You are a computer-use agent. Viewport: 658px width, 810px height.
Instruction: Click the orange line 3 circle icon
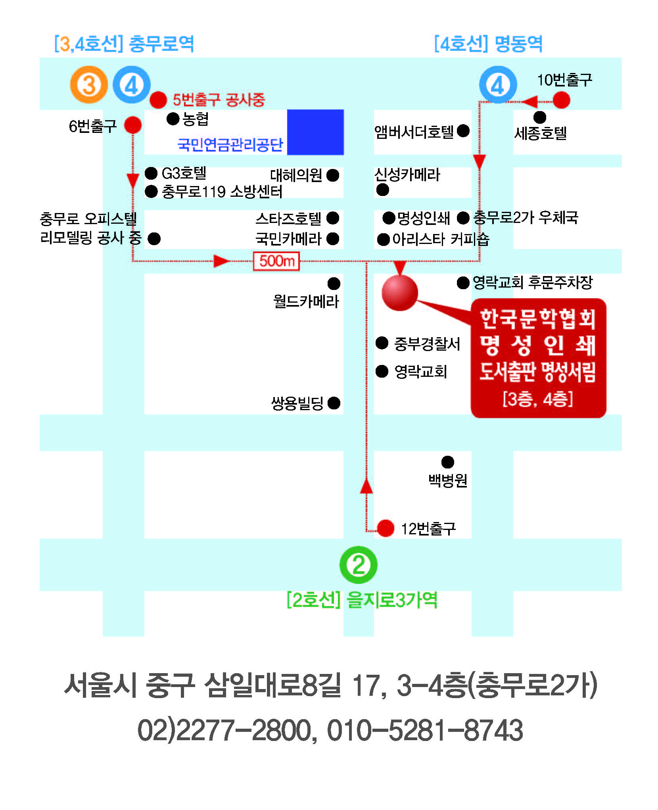[x=89, y=84]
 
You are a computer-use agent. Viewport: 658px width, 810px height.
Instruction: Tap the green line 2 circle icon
[x=359, y=565]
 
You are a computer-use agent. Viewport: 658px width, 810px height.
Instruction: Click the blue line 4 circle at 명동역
[x=498, y=84]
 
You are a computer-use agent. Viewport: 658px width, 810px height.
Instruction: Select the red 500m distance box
[x=276, y=261]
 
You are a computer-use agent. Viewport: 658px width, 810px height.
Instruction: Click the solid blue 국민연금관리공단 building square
[x=315, y=132]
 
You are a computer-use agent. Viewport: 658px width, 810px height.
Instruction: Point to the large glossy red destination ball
[x=400, y=293]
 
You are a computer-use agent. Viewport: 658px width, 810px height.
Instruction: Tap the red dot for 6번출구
[x=133, y=125]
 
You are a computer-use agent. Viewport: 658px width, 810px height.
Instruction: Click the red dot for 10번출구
[x=561, y=100]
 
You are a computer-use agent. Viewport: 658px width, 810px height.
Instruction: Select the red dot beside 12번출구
[x=386, y=528]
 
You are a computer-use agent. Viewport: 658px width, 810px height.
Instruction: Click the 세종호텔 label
[x=541, y=133]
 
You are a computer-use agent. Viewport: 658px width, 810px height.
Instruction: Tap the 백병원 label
[x=448, y=480]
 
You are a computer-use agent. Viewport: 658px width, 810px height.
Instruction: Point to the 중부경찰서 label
[x=427, y=344]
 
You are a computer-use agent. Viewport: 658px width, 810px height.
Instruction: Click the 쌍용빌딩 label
[x=297, y=403]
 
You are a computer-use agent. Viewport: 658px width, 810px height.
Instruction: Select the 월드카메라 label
[x=306, y=301]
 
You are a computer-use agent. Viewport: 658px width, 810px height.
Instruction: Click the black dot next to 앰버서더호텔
[x=463, y=131]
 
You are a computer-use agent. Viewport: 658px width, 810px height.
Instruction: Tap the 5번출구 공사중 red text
[x=219, y=100]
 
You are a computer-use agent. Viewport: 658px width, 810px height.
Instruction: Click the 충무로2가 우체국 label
[x=526, y=217]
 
